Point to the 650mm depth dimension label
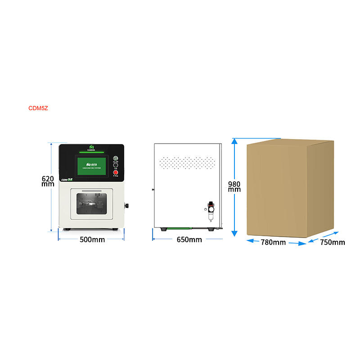[189, 239]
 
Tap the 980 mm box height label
[234, 186]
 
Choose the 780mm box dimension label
[273, 243]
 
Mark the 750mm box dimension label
[333, 243]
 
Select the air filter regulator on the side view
[210, 211]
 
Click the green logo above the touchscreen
[91, 147]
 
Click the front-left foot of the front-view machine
[67, 229]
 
